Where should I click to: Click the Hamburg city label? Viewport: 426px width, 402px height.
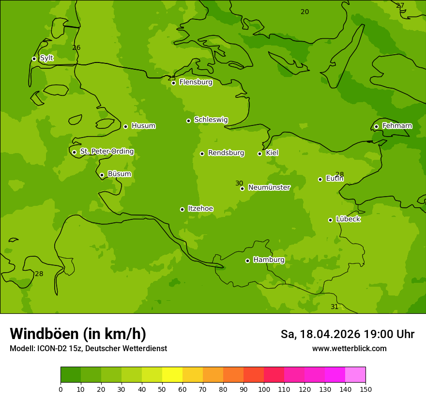tap(269, 260)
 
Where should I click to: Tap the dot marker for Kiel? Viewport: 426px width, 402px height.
tap(259, 154)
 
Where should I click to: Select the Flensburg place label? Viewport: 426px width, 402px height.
tap(196, 82)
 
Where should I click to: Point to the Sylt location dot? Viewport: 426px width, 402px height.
tap(34, 59)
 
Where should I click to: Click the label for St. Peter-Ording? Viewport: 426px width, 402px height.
tap(106, 152)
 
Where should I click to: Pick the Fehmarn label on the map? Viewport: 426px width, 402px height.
tap(397, 126)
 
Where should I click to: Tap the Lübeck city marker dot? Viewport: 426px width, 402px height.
tap(330, 220)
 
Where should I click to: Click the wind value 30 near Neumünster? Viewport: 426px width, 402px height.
tap(239, 183)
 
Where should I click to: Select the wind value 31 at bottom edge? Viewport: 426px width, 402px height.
tap(335, 307)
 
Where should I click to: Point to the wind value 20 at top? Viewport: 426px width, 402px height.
tap(304, 12)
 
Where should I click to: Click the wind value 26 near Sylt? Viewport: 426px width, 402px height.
tap(76, 47)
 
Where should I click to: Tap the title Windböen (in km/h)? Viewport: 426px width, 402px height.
tap(78, 334)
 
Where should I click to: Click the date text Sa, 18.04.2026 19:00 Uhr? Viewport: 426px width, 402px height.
tap(347, 334)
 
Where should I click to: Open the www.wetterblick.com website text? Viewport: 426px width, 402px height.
tap(349, 348)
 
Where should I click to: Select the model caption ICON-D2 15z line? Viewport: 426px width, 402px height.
tap(88, 348)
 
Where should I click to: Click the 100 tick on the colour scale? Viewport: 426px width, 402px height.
tap(264, 389)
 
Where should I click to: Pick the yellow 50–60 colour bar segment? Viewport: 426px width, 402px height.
tap(172, 375)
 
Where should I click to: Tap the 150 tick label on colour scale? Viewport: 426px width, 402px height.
tap(365, 389)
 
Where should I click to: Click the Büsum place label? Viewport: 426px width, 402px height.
tap(119, 174)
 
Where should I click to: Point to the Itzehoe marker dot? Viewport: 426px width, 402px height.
tap(182, 209)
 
